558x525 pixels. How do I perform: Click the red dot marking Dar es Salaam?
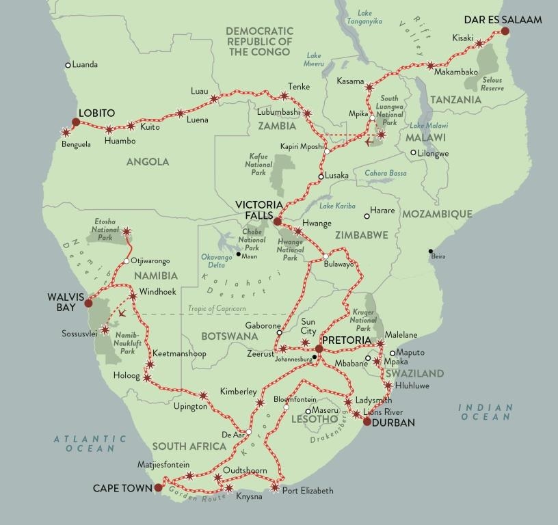(x=505, y=31)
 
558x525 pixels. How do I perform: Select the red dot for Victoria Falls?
(x=277, y=222)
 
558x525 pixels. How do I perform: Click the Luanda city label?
(x=85, y=65)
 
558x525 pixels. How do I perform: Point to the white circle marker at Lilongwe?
(x=413, y=153)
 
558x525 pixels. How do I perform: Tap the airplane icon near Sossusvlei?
(x=122, y=313)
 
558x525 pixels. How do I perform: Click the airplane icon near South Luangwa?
(x=370, y=143)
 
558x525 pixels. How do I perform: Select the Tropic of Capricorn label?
(x=217, y=309)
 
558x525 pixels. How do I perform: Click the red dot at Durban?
(x=367, y=422)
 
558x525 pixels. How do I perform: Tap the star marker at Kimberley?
(x=259, y=403)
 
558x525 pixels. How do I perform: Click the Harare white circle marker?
(x=367, y=217)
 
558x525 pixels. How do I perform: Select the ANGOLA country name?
(x=148, y=162)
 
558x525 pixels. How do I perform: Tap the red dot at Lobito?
(x=76, y=122)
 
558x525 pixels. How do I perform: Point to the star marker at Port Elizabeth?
(x=275, y=488)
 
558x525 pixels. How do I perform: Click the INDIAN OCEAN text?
(x=486, y=413)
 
